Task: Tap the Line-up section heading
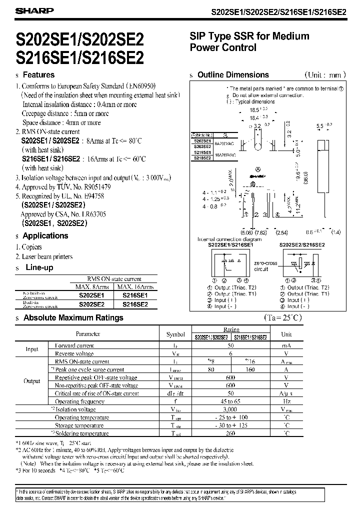click(38, 267)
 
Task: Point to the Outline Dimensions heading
click(233, 75)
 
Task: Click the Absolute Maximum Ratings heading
click(73, 317)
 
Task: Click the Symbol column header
click(175, 334)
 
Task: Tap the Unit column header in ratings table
click(286, 334)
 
